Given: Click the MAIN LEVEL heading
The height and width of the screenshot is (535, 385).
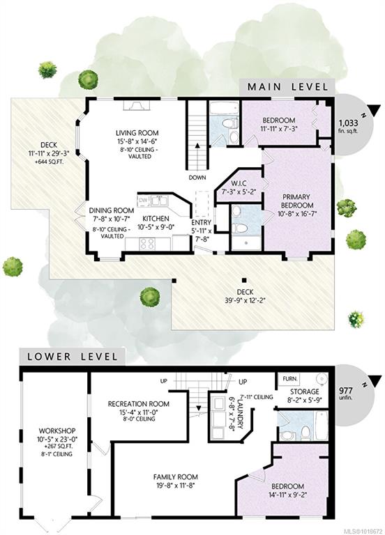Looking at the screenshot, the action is point(287,86).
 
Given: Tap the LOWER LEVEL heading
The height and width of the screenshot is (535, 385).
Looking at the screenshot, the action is point(73,357).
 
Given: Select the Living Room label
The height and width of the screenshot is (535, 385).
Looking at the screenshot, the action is point(137,133).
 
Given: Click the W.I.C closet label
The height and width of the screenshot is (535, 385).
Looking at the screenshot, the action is point(239,184).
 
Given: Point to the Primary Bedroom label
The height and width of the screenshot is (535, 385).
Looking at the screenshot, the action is point(296,201).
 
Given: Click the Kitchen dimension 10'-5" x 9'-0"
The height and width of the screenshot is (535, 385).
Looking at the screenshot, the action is point(156,226).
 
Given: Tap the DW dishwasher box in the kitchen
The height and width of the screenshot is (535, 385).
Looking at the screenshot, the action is point(143,201).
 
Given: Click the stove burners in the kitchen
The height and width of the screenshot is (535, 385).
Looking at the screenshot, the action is point(147,244).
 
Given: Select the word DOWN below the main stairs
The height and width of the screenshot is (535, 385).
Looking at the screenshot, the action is point(197,178).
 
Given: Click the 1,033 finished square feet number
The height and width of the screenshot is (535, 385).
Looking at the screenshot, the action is point(348,123).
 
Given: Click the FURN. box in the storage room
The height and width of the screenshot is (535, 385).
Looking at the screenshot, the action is point(290,379).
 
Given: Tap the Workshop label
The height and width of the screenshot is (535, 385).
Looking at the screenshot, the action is point(57,431).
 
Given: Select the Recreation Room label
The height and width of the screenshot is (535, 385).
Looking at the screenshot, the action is point(138,404).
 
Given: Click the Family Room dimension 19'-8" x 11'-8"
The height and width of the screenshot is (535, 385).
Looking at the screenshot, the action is point(175,485).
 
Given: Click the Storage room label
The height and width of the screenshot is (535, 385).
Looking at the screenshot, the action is point(305,391).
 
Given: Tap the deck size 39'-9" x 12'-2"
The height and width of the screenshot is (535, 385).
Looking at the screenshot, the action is point(246,301).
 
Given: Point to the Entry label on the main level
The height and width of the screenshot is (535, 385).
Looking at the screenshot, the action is point(201,222).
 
